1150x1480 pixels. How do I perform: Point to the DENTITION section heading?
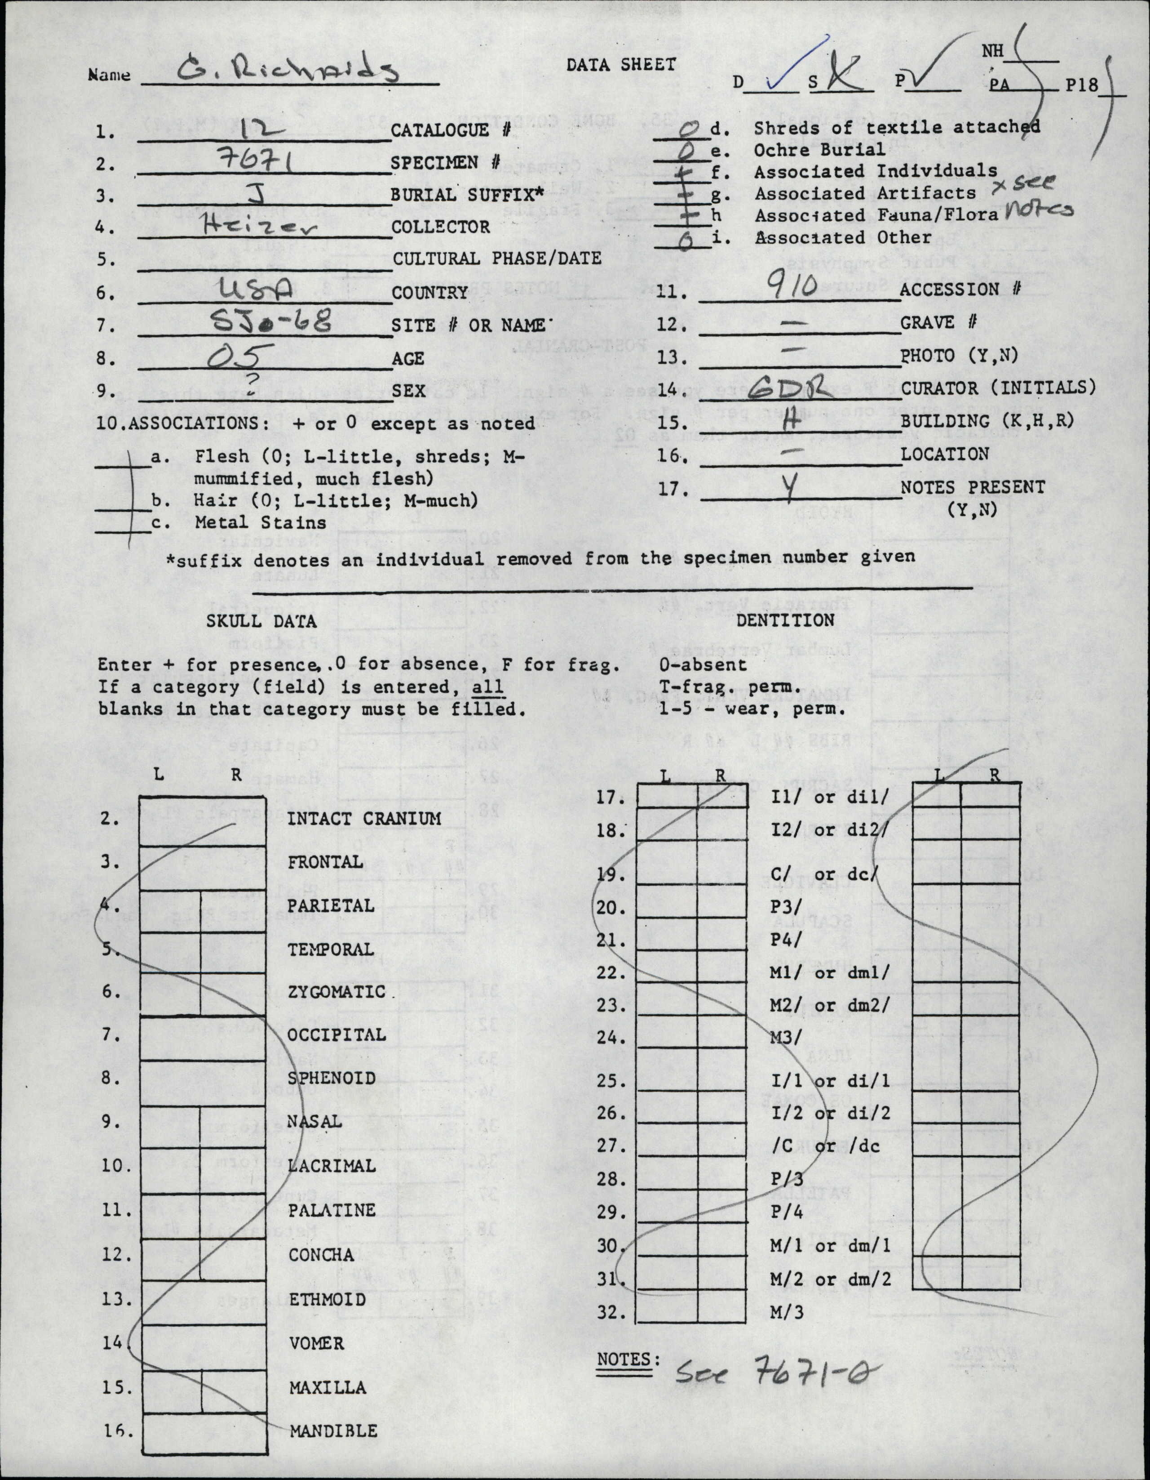point(785,620)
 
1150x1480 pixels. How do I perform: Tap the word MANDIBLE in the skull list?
point(333,1431)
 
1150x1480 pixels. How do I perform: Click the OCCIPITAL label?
point(336,1035)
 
